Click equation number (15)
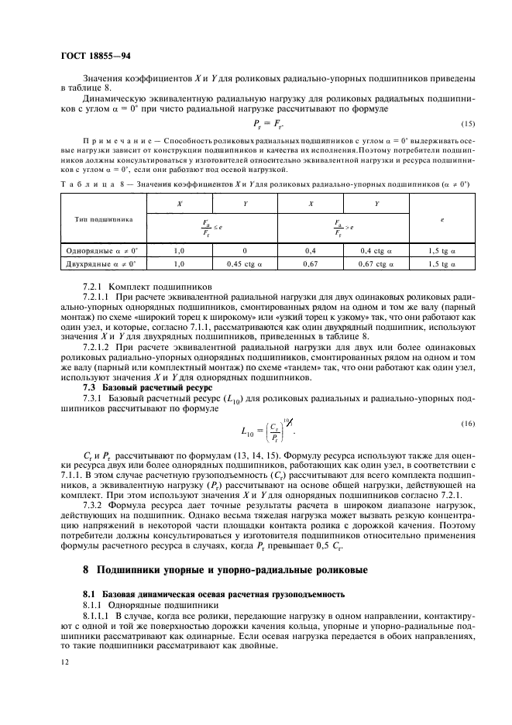tap(467, 124)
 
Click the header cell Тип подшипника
tap(100, 219)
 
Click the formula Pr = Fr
tap(268, 123)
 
